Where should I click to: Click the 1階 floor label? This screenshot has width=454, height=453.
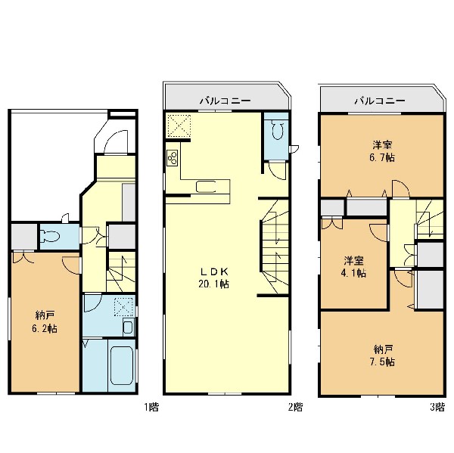click(151, 408)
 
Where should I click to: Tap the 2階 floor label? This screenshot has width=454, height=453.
click(295, 408)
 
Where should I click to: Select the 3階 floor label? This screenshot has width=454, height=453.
click(437, 408)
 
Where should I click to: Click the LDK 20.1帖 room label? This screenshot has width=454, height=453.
click(214, 278)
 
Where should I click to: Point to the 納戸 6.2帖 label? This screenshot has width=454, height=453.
click(45, 322)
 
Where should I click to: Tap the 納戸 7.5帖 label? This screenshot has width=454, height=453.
click(382, 355)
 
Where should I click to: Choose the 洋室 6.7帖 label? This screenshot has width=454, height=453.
click(382, 150)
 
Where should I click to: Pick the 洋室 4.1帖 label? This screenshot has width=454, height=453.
click(353, 267)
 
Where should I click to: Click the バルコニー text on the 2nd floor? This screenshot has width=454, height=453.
click(225, 101)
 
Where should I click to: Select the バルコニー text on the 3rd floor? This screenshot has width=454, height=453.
click(380, 101)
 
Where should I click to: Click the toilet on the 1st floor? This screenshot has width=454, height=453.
click(51, 236)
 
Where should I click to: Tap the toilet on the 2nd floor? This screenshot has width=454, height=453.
click(278, 130)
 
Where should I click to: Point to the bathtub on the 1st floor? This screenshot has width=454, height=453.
click(122, 366)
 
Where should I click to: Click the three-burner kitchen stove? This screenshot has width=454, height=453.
click(173, 158)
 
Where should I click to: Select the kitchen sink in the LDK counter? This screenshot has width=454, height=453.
click(206, 186)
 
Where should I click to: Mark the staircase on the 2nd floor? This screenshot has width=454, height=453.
click(275, 247)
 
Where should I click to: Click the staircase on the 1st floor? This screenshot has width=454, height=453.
click(121, 271)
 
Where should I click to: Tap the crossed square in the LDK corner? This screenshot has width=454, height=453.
click(179, 126)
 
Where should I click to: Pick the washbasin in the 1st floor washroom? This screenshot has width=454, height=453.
click(128, 327)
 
